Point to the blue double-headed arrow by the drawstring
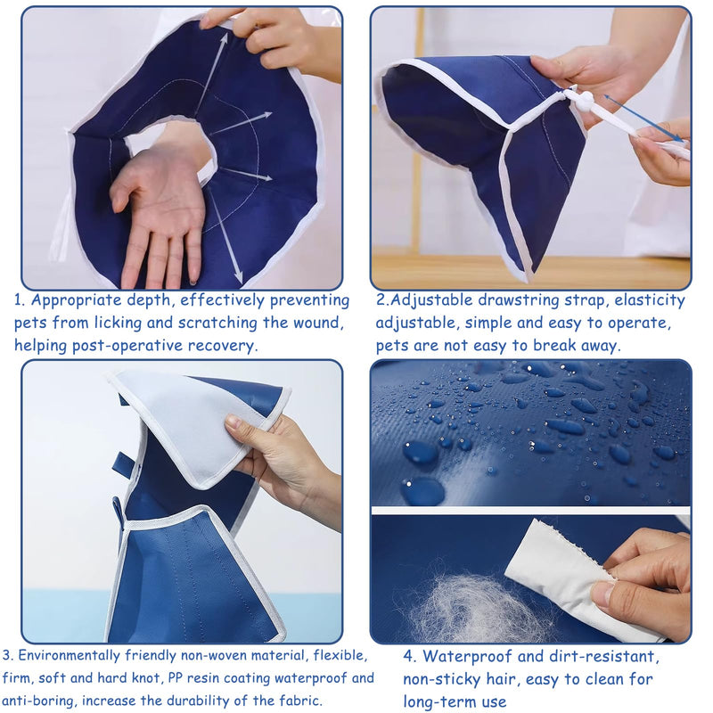click(x=643, y=119)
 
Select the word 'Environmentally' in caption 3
click(x=70, y=656)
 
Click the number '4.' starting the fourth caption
click(x=410, y=657)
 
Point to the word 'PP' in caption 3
click(x=175, y=678)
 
